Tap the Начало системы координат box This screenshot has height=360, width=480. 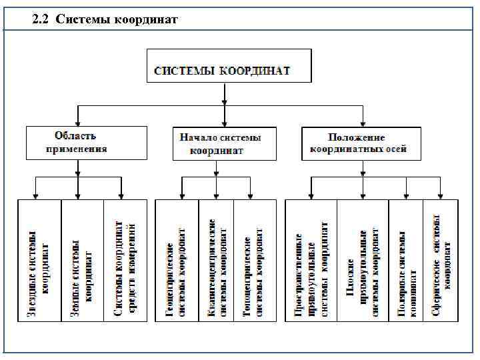click(223, 143)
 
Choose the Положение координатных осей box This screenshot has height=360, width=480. click(363, 143)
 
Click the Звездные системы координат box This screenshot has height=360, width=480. click(39, 261)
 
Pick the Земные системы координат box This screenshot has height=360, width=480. click(82, 261)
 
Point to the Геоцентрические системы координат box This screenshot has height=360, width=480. click(177, 261)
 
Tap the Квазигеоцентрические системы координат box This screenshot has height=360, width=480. click(216, 261)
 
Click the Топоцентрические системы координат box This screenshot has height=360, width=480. click(255, 261)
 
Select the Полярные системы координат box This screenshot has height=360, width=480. click(406, 261)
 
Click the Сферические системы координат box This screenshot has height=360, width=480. click(441, 261)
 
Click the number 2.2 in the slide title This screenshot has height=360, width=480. click(41, 19)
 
